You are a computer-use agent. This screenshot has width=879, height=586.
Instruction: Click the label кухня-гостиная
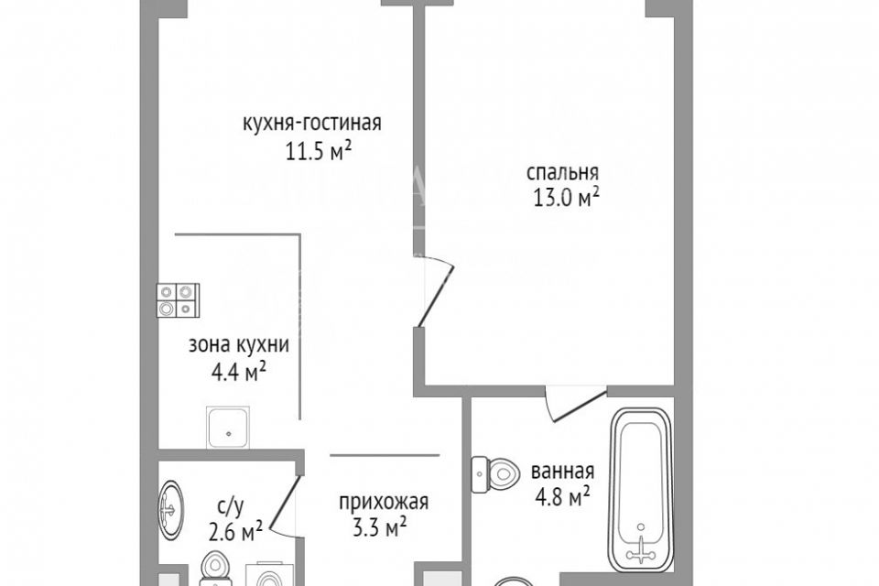[311, 124]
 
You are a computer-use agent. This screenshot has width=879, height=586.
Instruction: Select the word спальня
[562, 171]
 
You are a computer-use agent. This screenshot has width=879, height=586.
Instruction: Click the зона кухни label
[239, 346]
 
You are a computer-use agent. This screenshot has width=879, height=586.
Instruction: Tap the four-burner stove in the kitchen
[178, 299]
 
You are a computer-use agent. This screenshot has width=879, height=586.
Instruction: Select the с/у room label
[230, 503]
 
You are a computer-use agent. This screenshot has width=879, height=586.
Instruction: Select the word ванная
[562, 472]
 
